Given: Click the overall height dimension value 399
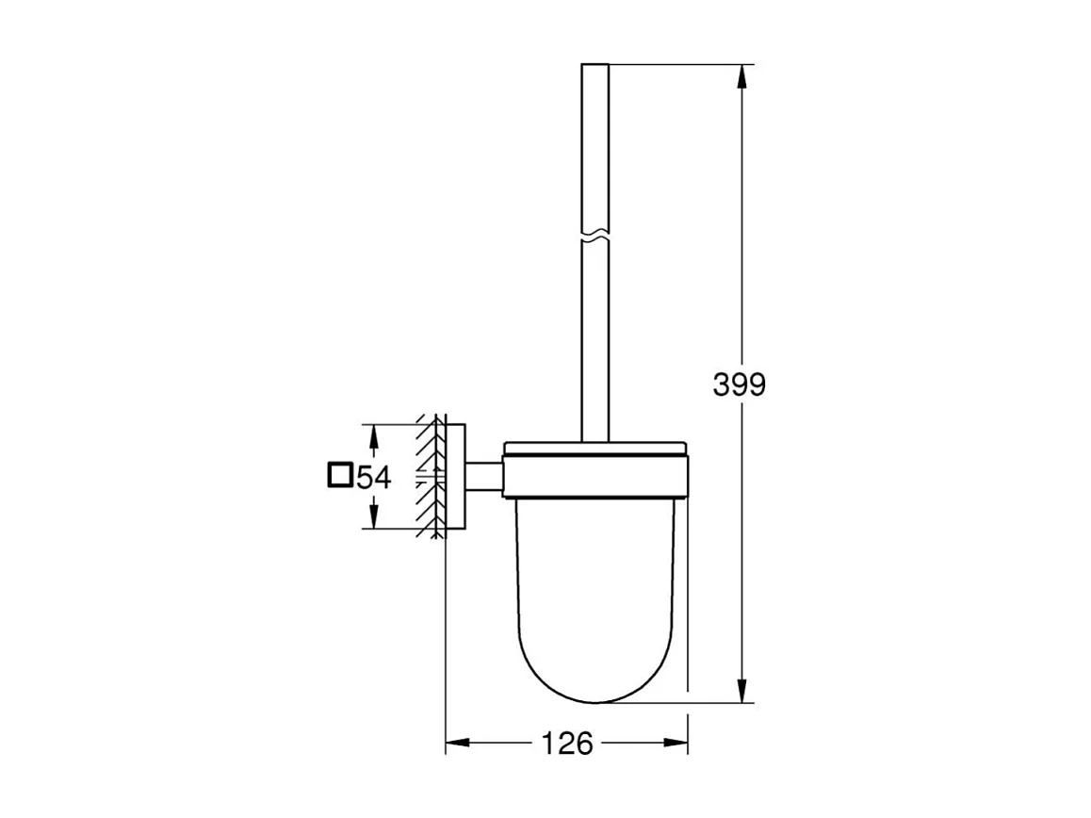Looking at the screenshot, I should coord(740,384).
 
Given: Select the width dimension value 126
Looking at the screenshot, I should coord(567,744).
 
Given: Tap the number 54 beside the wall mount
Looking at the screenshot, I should coord(373,477).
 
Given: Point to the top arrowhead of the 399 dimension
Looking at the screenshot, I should coord(744,74).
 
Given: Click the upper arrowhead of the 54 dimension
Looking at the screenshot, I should coord(374,434).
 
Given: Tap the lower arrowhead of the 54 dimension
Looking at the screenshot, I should coord(374,519).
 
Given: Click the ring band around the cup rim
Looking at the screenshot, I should coord(597,476).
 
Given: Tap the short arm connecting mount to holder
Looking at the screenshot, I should coord(484,477).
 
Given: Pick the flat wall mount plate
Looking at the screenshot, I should coord(456,477).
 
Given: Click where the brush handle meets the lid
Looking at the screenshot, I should coord(595,440).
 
